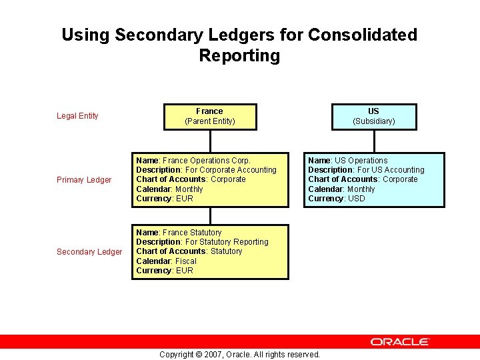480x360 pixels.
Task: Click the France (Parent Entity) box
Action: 210,116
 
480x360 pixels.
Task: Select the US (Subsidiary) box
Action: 373,116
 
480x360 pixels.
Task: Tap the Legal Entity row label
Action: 77,116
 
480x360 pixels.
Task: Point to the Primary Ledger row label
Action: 84,180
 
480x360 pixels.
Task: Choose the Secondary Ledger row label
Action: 89,252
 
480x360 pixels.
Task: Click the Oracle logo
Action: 400,341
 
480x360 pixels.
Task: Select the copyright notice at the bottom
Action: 239,354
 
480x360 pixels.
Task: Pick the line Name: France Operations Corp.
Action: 193,161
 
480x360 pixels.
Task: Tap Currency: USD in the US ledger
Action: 337,199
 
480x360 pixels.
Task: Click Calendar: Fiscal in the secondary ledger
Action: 166,261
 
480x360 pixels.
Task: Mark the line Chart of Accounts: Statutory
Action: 189,251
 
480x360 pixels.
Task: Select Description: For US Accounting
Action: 366,170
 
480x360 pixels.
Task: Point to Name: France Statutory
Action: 179,233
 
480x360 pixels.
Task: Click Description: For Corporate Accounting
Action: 206,170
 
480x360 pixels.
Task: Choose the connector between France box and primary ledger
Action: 210,141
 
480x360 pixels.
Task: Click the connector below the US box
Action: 374,141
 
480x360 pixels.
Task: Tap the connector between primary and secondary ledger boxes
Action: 210,215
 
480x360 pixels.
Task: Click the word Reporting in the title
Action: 239,56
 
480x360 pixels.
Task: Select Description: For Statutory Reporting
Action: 202,242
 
